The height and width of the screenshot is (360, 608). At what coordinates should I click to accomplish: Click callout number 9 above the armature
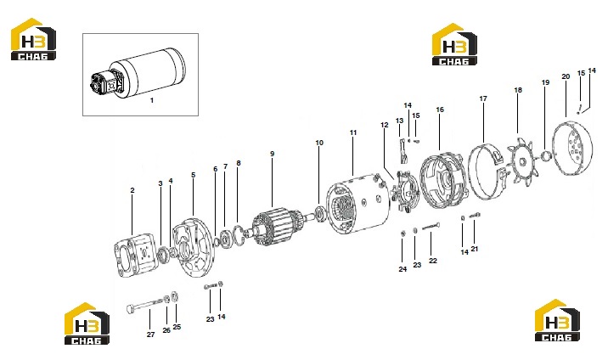pos(273,154)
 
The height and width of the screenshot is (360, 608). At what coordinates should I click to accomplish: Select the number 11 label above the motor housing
pos(353,132)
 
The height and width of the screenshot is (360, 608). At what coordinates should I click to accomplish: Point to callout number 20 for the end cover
pos(566,76)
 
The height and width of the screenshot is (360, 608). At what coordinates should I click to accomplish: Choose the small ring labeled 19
pos(546,156)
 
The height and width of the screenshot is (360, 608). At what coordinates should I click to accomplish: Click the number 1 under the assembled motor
pos(152,100)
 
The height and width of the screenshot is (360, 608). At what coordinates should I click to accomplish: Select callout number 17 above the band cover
pos(483,98)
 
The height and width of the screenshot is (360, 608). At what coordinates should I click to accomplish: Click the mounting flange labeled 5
pos(193,248)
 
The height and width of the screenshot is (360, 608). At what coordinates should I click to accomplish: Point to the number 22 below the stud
pos(433,261)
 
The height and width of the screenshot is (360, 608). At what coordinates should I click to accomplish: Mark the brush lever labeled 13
pos(403,151)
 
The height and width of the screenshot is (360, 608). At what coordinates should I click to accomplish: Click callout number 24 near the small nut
pos(403,269)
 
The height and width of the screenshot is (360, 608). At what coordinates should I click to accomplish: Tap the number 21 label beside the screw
pos(475,249)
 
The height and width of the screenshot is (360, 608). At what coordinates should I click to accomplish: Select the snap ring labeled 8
pos(239,234)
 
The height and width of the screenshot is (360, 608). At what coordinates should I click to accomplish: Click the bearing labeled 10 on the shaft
pos(320,214)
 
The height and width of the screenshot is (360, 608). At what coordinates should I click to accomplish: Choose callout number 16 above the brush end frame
pos(440,110)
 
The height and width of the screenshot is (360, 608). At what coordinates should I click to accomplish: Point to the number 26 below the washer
pos(166,330)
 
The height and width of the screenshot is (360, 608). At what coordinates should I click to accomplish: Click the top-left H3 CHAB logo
pos(33,39)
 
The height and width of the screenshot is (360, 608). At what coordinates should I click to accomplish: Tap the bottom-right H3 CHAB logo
pos(557,320)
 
